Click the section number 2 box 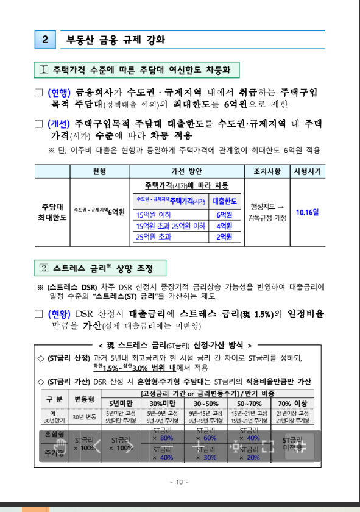pyautogui.click(x=46, y=40)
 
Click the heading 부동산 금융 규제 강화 pyautogui.click(x=115, y=40)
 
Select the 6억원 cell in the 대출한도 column pyautogui.click(x=224, y=215)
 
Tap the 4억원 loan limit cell pyautogui.click(x=224, y=226)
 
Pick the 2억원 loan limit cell pyautogui.click(x=224, y=237)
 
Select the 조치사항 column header pyautogui.click(x=267, y=171)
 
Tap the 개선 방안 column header pyautogui.click(x=186, y=171)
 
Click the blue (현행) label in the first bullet pyautogui.click(x=59, y=93)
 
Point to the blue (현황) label pyautogui.click(x=59, y=314)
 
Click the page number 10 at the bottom pyautogui.click(x=180, y=482)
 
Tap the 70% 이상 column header pyautogui.click(x=292, y=404)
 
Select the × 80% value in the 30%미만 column pyautogui.click(x=163, y=438)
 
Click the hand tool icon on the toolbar pyautogui.click(x=60, y=443)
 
